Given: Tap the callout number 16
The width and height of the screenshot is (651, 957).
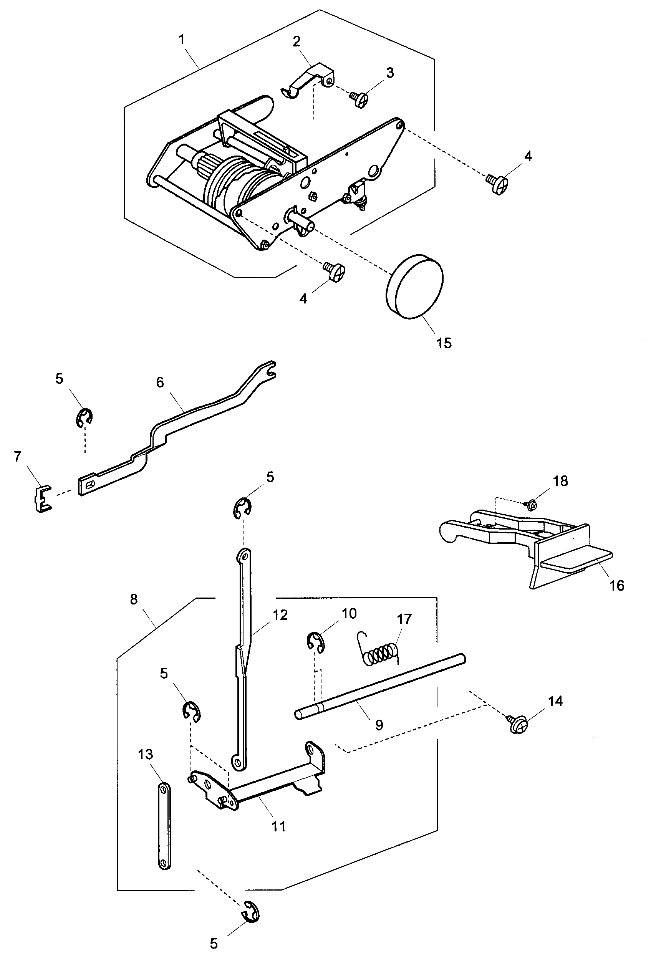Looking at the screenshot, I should click(616, 585).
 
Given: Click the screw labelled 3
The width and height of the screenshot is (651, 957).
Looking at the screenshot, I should click(359, 99).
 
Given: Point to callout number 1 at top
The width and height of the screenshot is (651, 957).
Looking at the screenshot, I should click(181, 40).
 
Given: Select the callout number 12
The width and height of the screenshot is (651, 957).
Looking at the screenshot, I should click(280, 615).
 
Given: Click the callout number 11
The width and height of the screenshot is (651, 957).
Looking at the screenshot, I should click(278, 826).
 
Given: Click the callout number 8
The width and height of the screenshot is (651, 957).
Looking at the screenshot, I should click(133, 599).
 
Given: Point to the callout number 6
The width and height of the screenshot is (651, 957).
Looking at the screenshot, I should click(160, 382).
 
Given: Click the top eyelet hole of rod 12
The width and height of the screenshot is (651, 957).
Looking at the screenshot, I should click(244, 557).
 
